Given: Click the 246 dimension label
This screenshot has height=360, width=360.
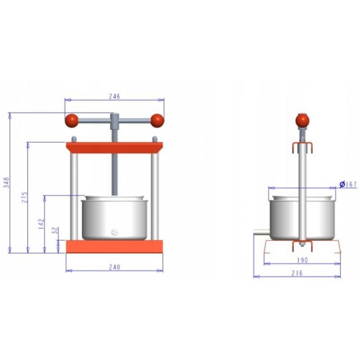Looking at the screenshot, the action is point(115,96).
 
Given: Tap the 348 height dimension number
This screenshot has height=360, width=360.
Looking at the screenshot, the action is point(7,183).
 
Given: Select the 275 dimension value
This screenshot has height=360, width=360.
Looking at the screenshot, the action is point(25,197).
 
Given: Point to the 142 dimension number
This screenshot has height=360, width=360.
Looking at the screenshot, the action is point(41,223).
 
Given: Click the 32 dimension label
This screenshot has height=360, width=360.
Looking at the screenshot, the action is point(55,231).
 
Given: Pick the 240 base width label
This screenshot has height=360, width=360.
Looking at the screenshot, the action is point(115,267).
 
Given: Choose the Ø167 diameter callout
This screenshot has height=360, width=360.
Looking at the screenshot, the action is point(348,184).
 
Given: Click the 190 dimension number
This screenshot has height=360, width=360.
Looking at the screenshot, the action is point(303,260).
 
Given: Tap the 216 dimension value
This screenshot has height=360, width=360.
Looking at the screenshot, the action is point(297,273).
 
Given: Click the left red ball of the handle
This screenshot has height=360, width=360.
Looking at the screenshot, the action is point(71,121).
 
